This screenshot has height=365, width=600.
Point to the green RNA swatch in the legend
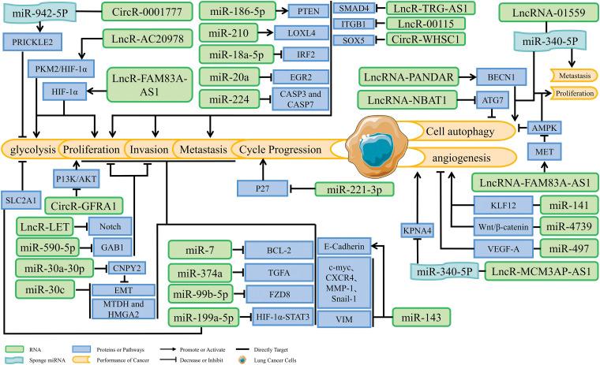(18, 347)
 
